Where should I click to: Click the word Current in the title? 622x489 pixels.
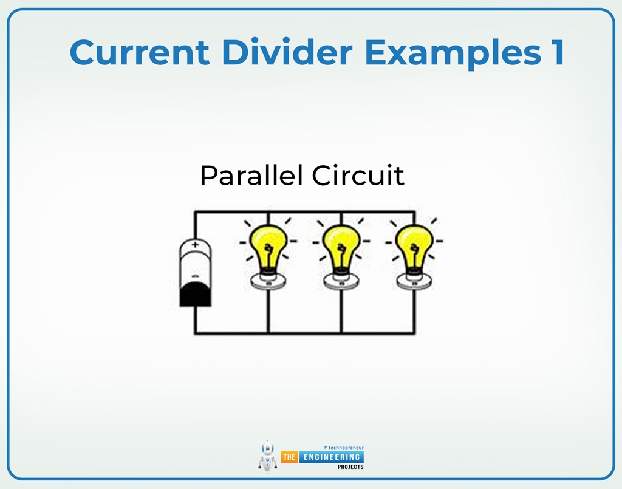139,52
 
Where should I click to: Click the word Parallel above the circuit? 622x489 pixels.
251,176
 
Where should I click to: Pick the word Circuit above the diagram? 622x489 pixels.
358,176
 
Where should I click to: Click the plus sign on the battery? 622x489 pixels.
195,245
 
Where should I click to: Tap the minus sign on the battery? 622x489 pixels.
195,276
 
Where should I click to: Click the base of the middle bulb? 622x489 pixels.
341,280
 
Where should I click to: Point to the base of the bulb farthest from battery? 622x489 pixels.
414,280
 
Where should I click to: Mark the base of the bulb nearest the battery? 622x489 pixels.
268,280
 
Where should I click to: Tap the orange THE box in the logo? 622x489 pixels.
289,457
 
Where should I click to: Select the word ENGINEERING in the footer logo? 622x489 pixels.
330,457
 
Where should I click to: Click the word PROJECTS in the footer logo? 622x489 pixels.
350,467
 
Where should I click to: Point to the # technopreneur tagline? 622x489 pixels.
344,447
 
